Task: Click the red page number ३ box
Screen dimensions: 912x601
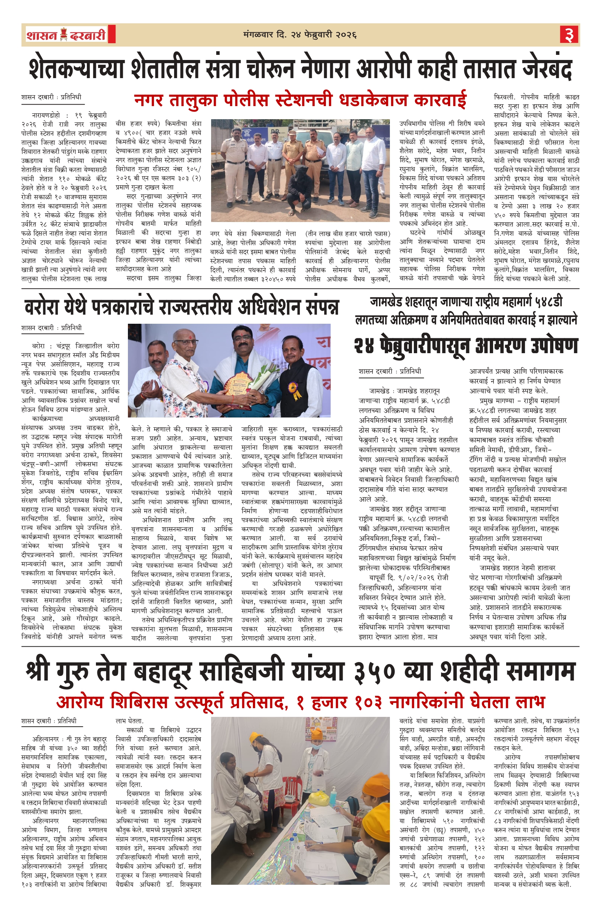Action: click(x=569, y=35)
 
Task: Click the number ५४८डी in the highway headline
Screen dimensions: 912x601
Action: click(x=544, y=302)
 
